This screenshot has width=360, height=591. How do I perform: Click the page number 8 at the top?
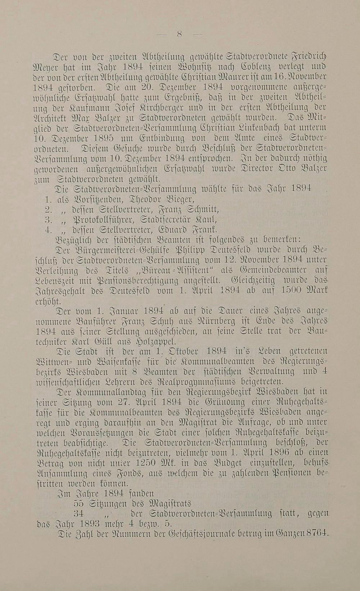tap(180, 34)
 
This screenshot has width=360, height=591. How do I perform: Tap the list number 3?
tap(50, 219)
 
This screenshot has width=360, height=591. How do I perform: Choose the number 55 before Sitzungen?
tap(79, 503)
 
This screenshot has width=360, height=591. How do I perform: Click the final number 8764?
tap(317, 533)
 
